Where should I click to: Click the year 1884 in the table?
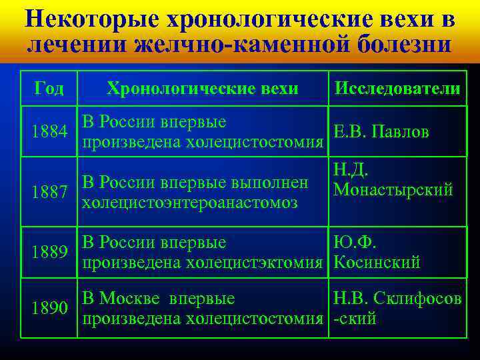click(49, 133)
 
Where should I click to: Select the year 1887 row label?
click(49, 193)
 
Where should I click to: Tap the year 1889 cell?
click(49, 252)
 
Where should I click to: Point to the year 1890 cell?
click(49, 308)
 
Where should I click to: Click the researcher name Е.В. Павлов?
click(381, 132)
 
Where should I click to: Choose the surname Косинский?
click(377, 263)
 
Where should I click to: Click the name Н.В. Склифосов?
click(397, 299)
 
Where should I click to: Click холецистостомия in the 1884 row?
click(257, 143)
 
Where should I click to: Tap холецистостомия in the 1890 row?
click(257, 319)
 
